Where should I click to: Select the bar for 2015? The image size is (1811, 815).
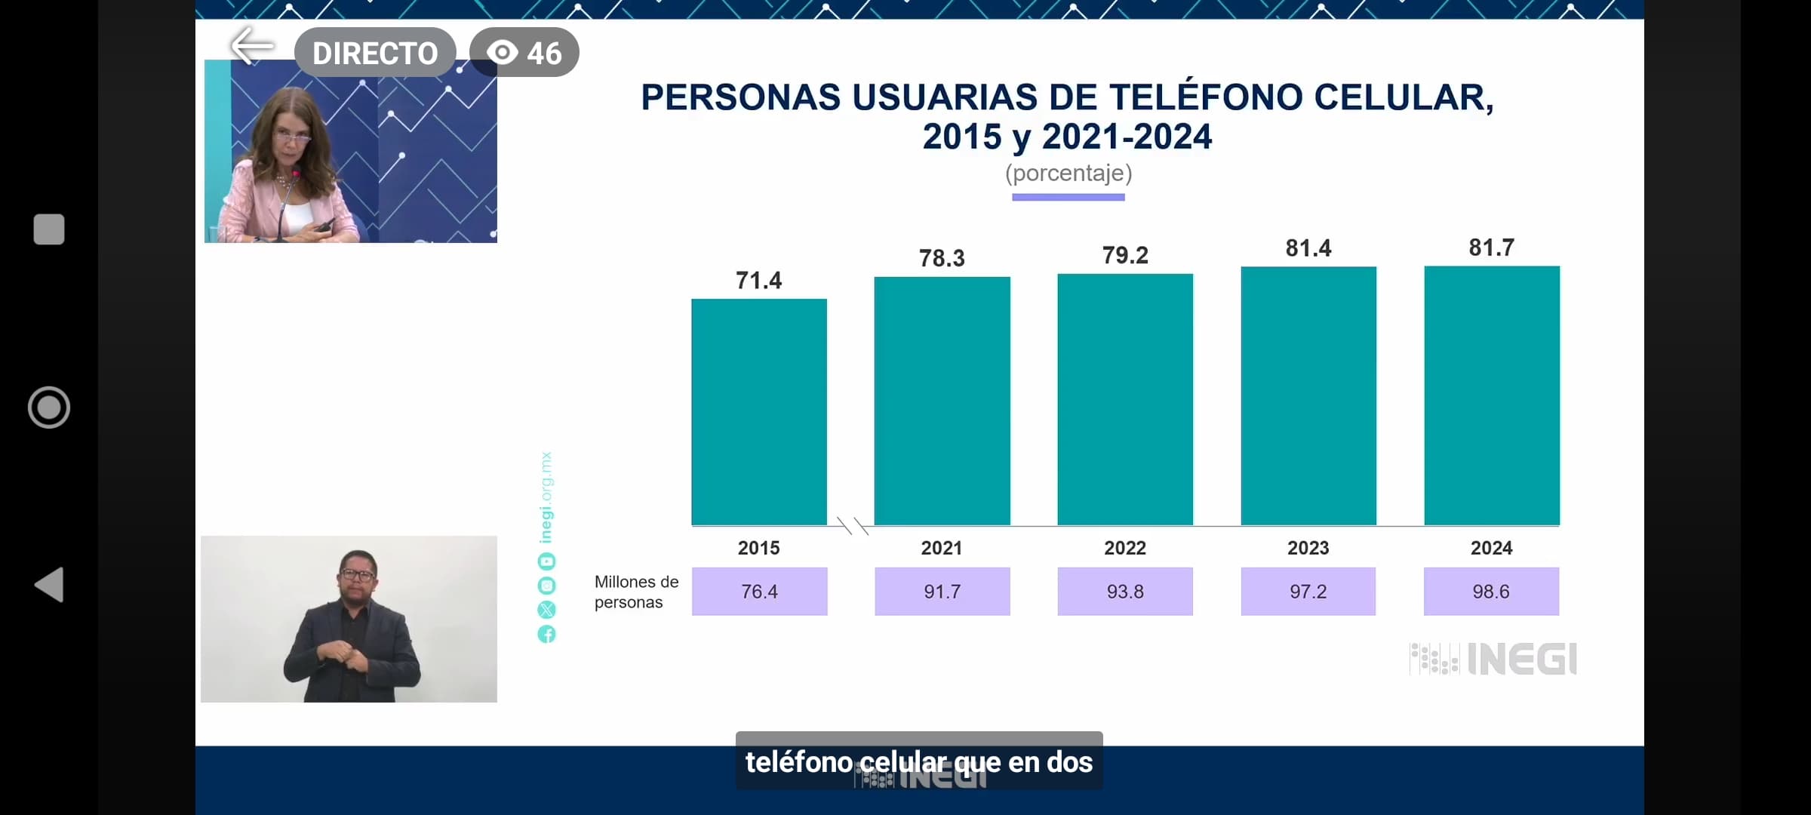[759, 411]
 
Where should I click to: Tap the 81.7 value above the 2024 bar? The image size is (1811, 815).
[1491, 248]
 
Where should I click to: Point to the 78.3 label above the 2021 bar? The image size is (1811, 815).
[942, 258]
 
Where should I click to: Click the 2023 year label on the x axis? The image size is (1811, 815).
[1308, 548]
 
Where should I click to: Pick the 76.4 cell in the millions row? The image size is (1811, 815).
[759, 592]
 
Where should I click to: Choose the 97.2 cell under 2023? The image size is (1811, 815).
[1308, 592]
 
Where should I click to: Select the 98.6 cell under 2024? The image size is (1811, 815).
[1491, 592]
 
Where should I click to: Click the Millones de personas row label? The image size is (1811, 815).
[635, 592]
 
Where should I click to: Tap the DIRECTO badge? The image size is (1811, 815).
[375, 53]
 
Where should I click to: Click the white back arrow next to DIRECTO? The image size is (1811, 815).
[252, 47]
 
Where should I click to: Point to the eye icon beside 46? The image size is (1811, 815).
[503, 53]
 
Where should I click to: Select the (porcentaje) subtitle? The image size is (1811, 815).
[1068, 174]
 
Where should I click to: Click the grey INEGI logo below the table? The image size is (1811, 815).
[1493, 660]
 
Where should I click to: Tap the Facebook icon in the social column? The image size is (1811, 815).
[546, 634]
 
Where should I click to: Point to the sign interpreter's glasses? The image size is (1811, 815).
[357, 574]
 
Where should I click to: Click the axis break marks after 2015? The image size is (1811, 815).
[853, 526]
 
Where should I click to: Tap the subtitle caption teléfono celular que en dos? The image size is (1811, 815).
[918, 762]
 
